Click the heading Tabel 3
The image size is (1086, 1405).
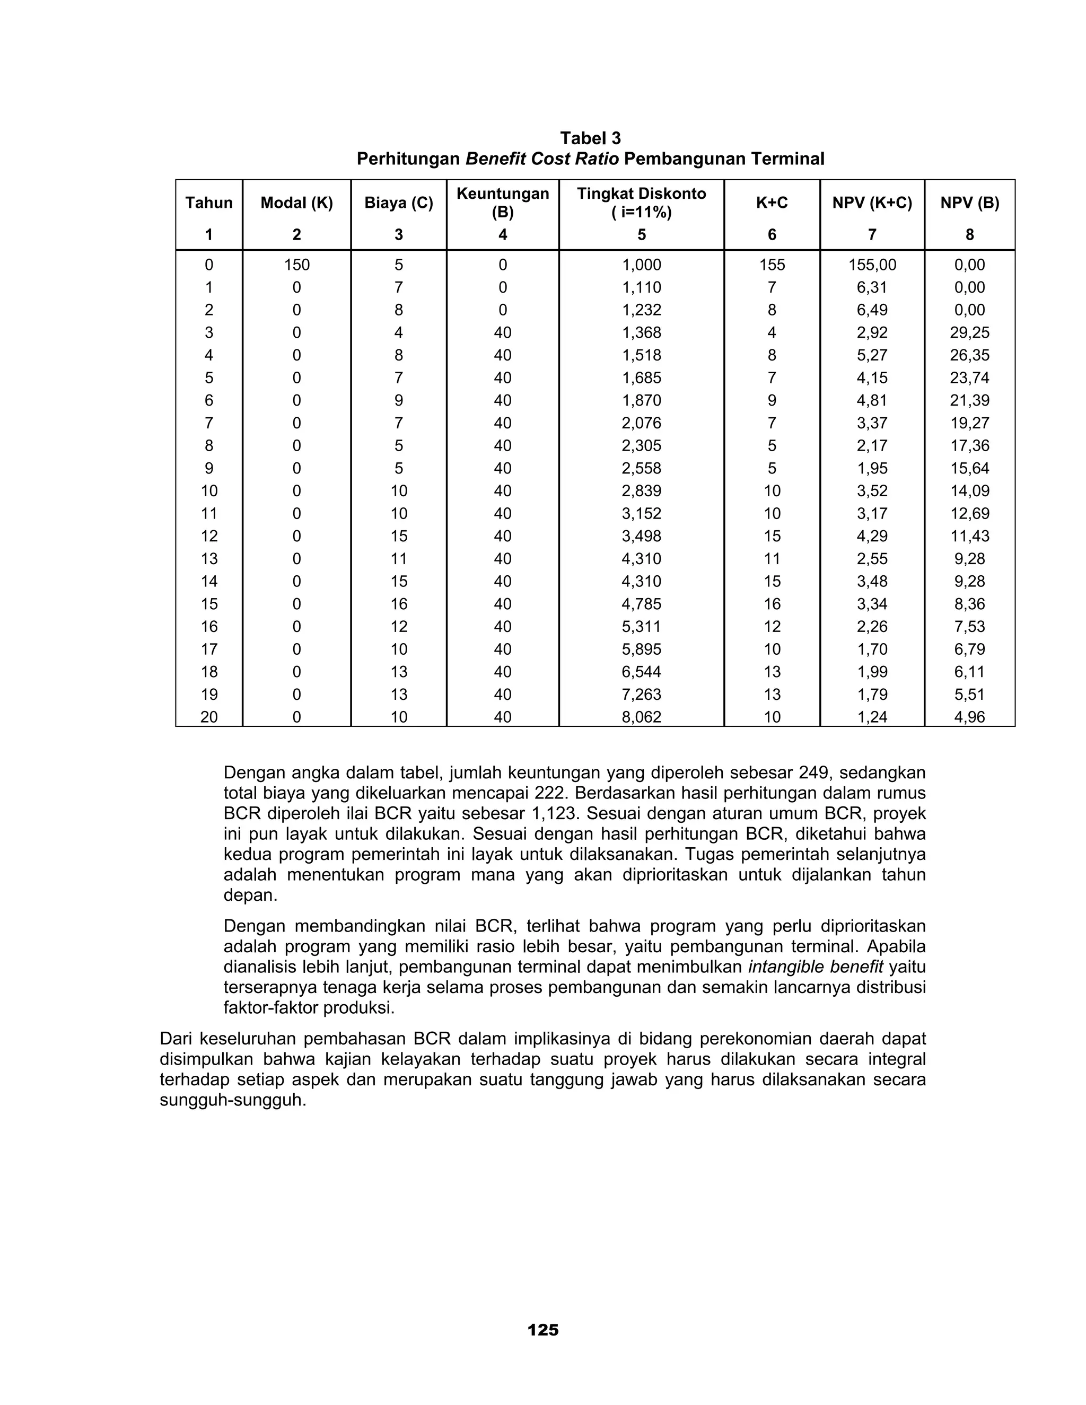[590, 138]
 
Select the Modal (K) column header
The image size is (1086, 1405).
[296, 203]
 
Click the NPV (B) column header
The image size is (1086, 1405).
[969, 203]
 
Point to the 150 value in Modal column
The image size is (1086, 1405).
[296, 265]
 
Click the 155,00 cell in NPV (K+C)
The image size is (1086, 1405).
[872, 265]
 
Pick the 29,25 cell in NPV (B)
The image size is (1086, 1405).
[969, 332]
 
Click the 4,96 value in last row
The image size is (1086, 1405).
[969, 717]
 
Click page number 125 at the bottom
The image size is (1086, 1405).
[542, 1330]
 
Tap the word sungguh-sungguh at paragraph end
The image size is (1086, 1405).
[232, 1100]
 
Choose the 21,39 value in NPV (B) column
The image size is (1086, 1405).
[969, 400]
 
